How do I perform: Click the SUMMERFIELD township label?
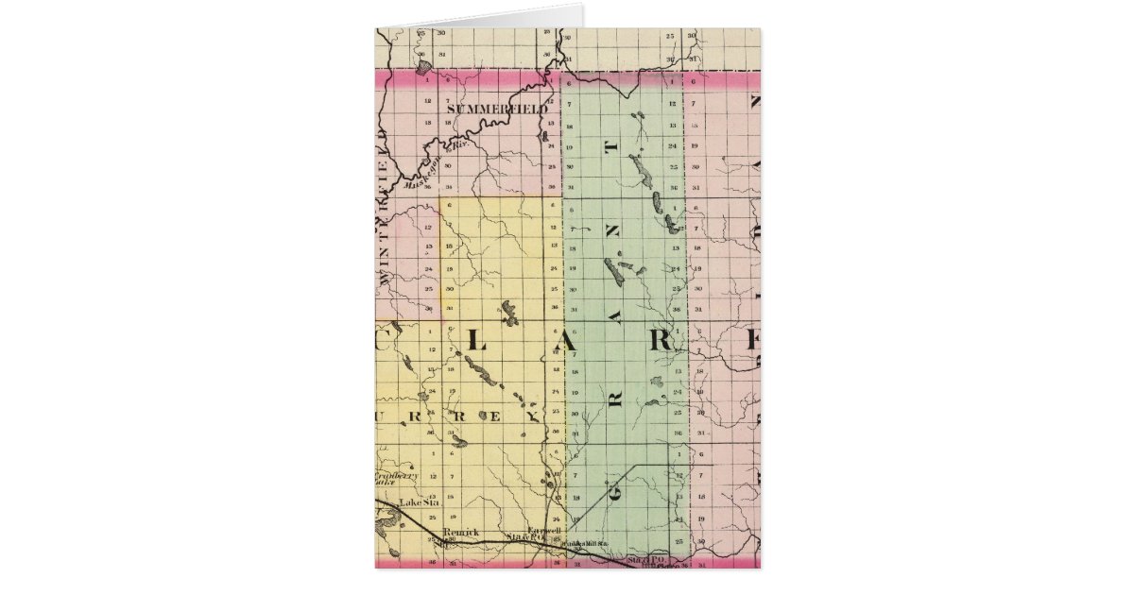(496, 110)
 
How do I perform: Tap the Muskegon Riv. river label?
(425, 170)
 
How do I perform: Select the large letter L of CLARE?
(475, 345)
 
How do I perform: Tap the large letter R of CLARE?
(662, 343)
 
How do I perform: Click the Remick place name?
(460, 533)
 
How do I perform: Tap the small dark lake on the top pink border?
(425, 66)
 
